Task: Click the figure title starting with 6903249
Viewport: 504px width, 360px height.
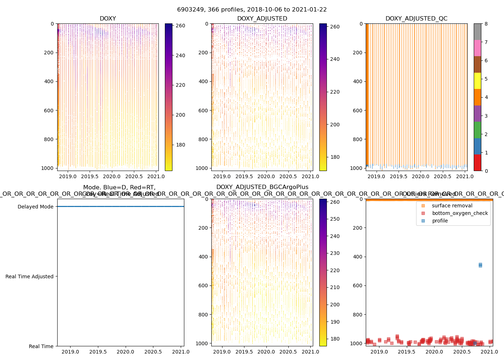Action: coord(252,10)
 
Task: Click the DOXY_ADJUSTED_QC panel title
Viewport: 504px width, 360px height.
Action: coord(416,19)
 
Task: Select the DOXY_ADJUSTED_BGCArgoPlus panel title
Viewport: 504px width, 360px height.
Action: coord(262,187)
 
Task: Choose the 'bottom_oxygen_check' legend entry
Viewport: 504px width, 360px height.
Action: coord(460,213)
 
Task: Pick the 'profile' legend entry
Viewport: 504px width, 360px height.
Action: coord(440,221)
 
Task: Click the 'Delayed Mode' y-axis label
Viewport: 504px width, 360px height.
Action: coord(35,207)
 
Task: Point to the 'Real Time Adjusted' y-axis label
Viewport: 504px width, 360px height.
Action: coord(30,276)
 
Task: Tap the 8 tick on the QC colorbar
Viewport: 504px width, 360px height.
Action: coord(486,24)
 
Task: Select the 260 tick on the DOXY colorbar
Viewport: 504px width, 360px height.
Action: coord(180,26)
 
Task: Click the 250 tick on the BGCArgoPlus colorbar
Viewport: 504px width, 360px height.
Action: coord(335,219)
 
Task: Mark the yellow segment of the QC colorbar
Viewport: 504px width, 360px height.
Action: coord(477,81)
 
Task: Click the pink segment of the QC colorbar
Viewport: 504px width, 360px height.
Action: coord(477,48)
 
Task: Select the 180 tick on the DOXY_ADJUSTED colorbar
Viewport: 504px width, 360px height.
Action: coord(335,157)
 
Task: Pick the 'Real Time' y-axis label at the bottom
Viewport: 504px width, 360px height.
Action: coord(41,346)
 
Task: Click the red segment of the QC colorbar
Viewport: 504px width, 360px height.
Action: coord(477,163)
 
